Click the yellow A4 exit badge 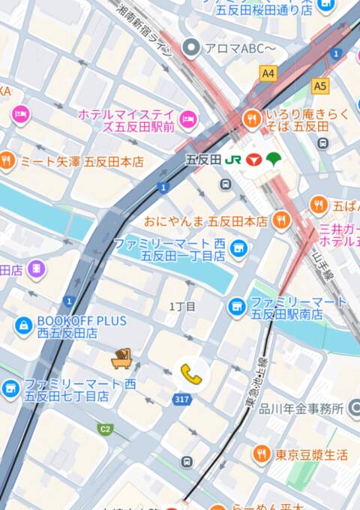[x=268, y=73]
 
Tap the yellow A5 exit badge [x=321, y=85]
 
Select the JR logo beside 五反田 [x=233, y=159]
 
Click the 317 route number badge [x=181, y=400]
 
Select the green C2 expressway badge [x=105, y=429]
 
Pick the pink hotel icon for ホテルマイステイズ [x=188, y=118]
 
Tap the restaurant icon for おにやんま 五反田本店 [x=282, y=220]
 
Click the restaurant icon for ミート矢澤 [x=7, y=160]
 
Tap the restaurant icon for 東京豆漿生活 [x=261, y=453]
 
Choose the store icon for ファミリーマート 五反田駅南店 [x=237, y=306]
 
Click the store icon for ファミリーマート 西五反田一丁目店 [x=238, y=248]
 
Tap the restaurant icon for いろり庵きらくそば [x=253, y=118]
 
